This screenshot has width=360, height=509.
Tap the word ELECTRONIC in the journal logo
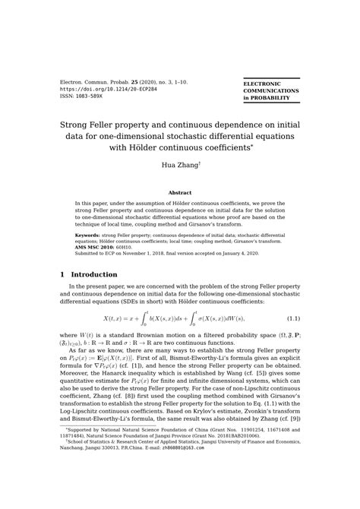(x=261, y=83)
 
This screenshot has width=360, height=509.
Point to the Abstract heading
(x=179, y=193)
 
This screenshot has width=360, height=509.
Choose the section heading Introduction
(x=93, y=274)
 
